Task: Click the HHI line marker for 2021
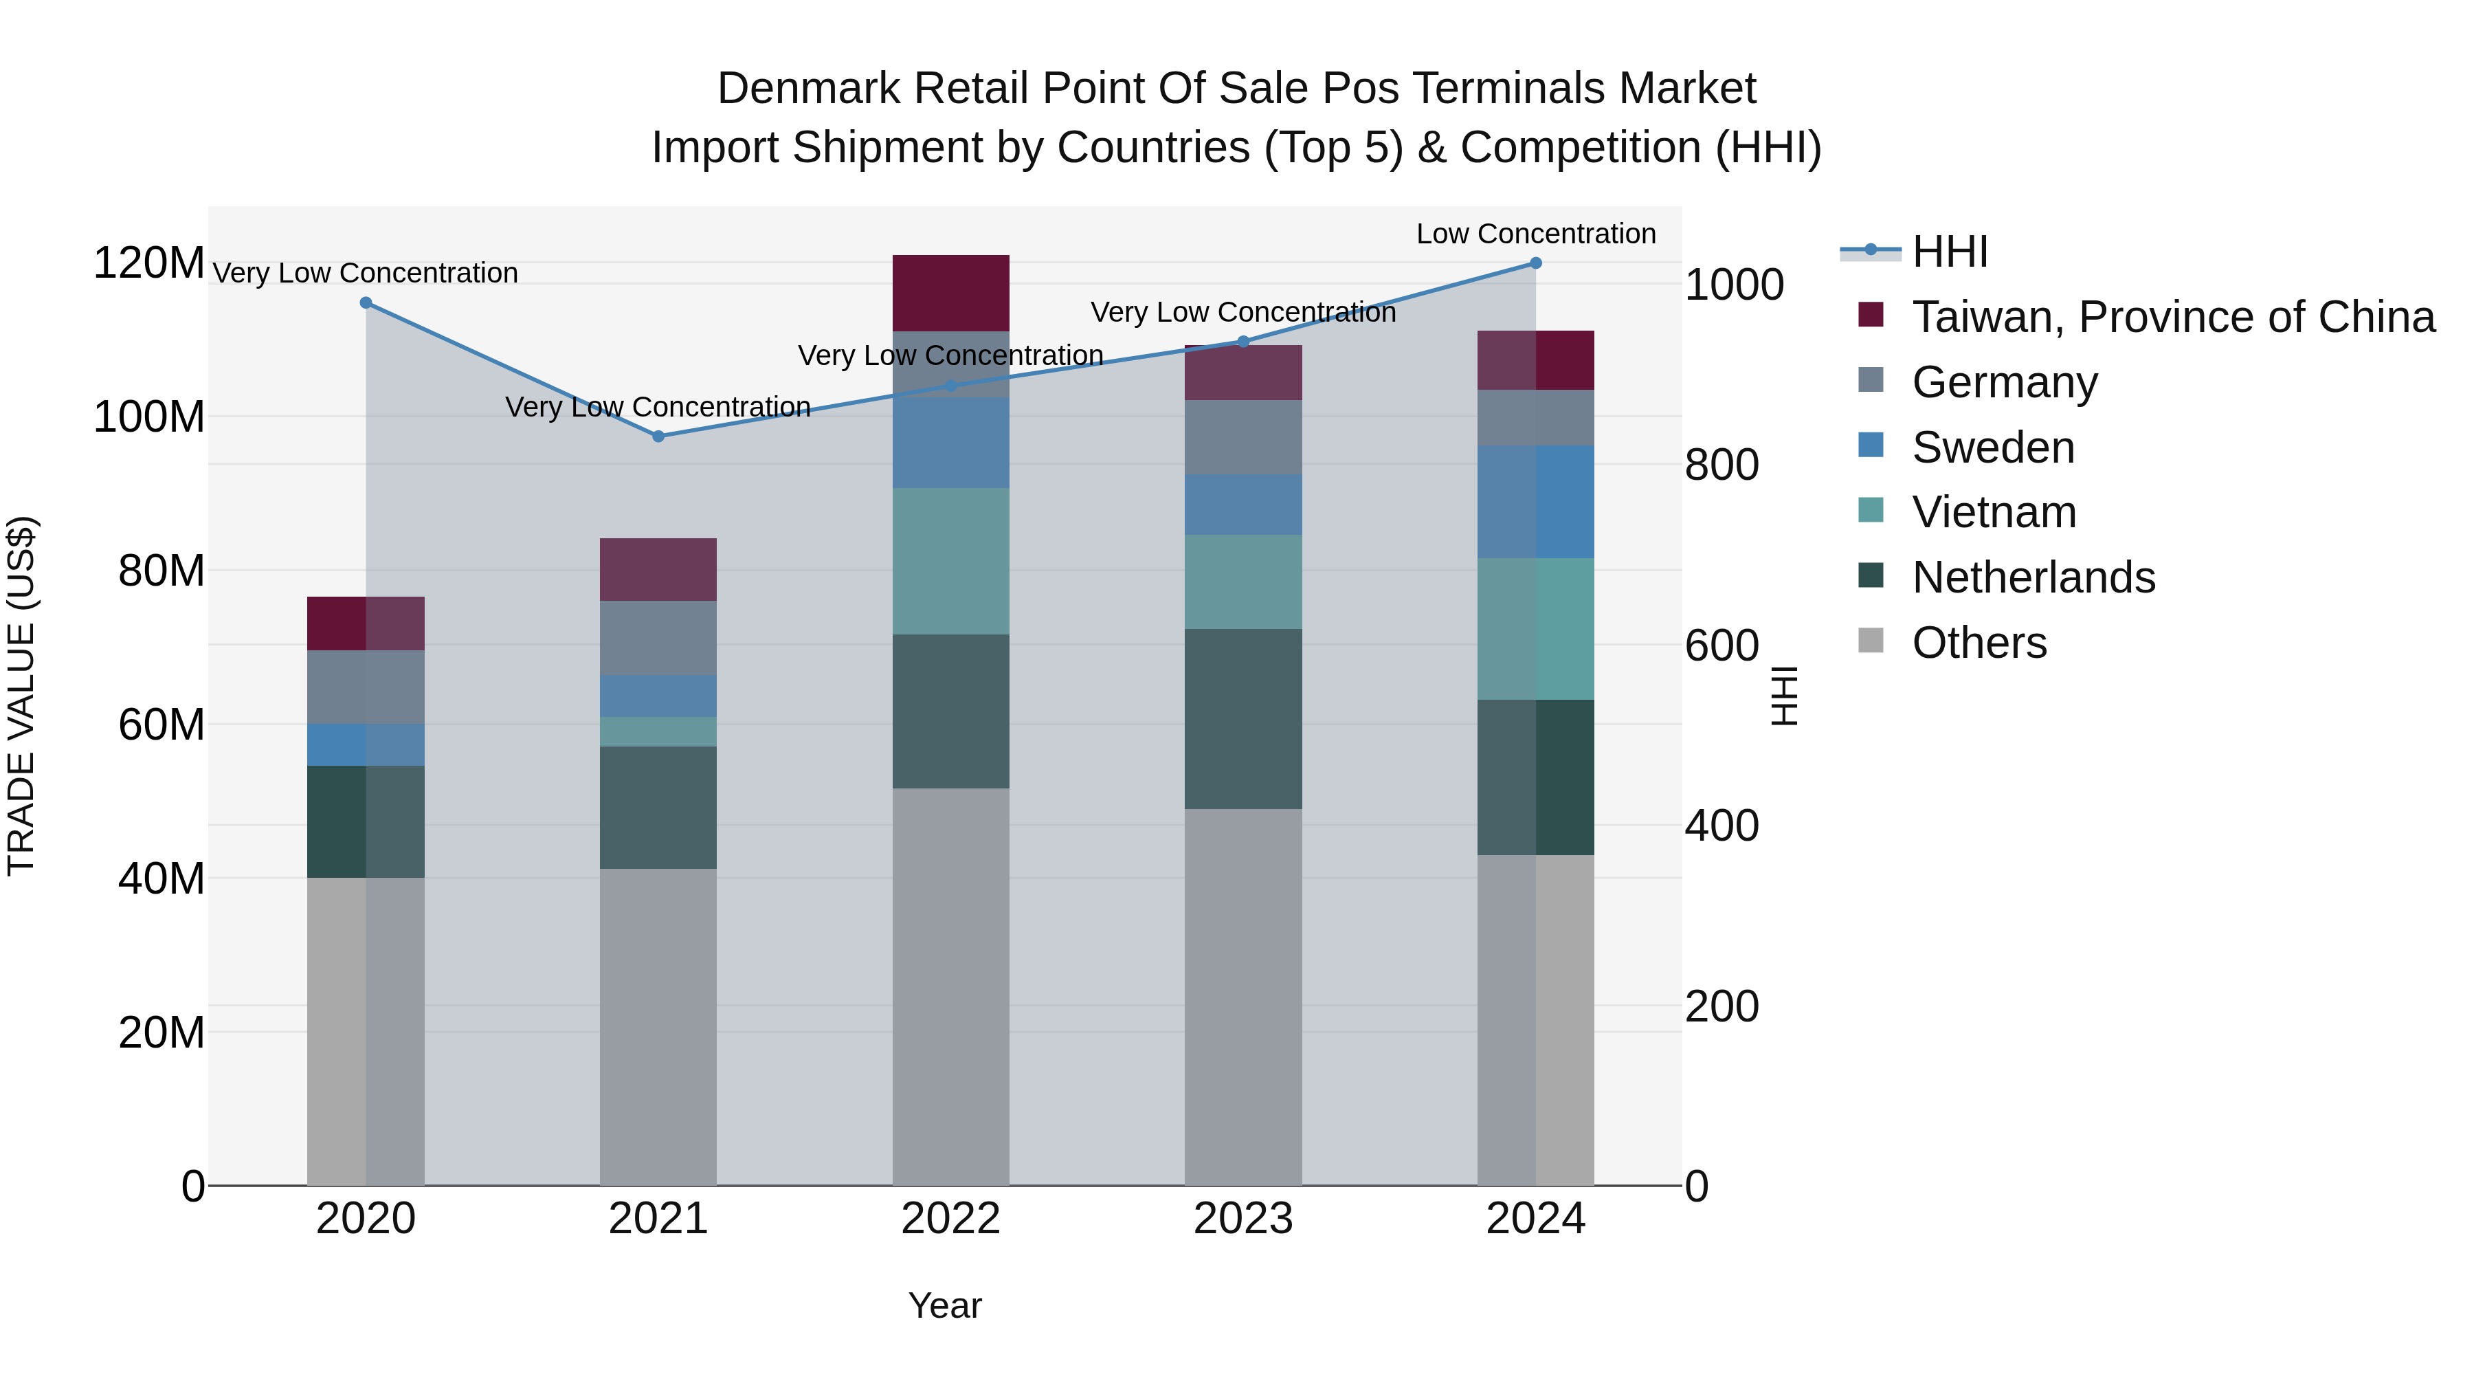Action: pos(658,436)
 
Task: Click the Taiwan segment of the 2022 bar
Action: pos(951,293)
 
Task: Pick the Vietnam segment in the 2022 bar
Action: pos(951,561)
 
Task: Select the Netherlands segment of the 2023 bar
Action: pos(1242,718)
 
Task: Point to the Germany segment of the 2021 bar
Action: pos(658,638)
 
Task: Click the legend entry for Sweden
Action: pos(1993,448)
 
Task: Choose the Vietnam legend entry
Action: pos(1994,512)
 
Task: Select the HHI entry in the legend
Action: pos(1950,252)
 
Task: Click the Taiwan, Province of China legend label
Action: pos(2172,317)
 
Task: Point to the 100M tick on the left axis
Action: pos(149,418)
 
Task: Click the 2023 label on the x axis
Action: pos(1242,1219)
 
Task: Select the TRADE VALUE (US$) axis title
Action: pos(21,696)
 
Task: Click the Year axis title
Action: pos(945,1305)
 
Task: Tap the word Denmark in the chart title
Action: pos(809,89)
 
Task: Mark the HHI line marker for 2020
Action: pos(366,302)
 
